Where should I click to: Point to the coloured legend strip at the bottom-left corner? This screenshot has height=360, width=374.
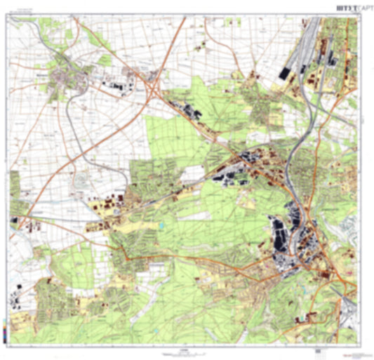point(6,331)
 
